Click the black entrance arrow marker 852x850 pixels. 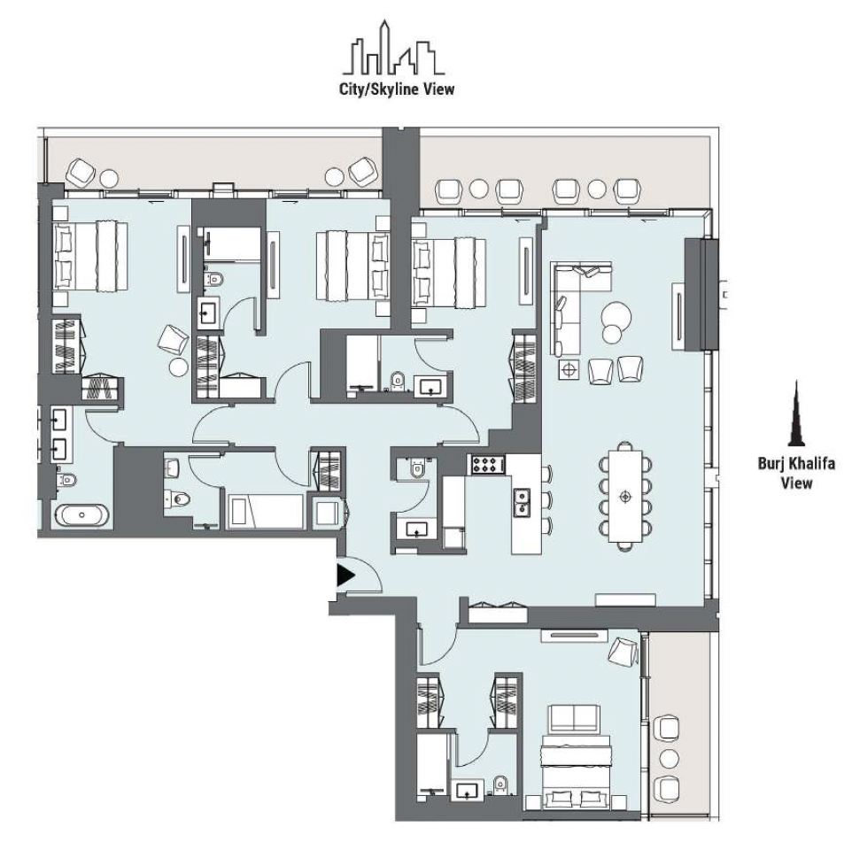click(x=345, y=576)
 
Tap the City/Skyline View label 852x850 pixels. click(x=397, y=89)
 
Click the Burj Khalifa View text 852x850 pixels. click(x=796, y=473)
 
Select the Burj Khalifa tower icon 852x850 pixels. click(x=796, y=413)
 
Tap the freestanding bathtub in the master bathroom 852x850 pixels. click(x=83, y=515)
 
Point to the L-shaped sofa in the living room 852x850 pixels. click(x=570, y=298)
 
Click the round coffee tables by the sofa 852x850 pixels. click(x=616, y=321)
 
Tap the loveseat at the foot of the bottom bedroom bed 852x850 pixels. click(x=575, y=719)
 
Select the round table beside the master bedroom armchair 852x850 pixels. click(x=179, y=367)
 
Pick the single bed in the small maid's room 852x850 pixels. click(x=265, y=511)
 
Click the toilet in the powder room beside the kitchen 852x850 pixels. click(x=417, y=468)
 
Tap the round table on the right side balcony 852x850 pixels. click(x=669, y=759)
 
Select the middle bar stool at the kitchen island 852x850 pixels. click(x=547, y=499)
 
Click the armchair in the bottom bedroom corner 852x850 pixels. click(x=623, y=651)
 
